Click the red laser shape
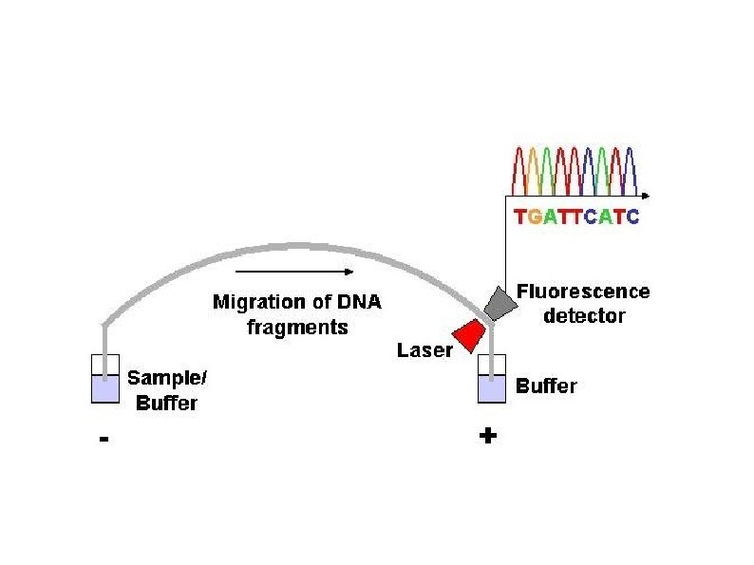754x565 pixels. (466, 334)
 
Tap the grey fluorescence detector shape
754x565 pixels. (500, 302)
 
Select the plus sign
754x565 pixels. (489, 437)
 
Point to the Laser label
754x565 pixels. (424, 350)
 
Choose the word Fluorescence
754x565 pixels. (583, 292)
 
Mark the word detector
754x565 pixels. (584, 315)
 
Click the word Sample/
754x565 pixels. (167, 378)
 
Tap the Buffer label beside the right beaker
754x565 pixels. (546, 386)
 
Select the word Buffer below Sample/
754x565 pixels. (167, 403)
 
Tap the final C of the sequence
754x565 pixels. (633, 217)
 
